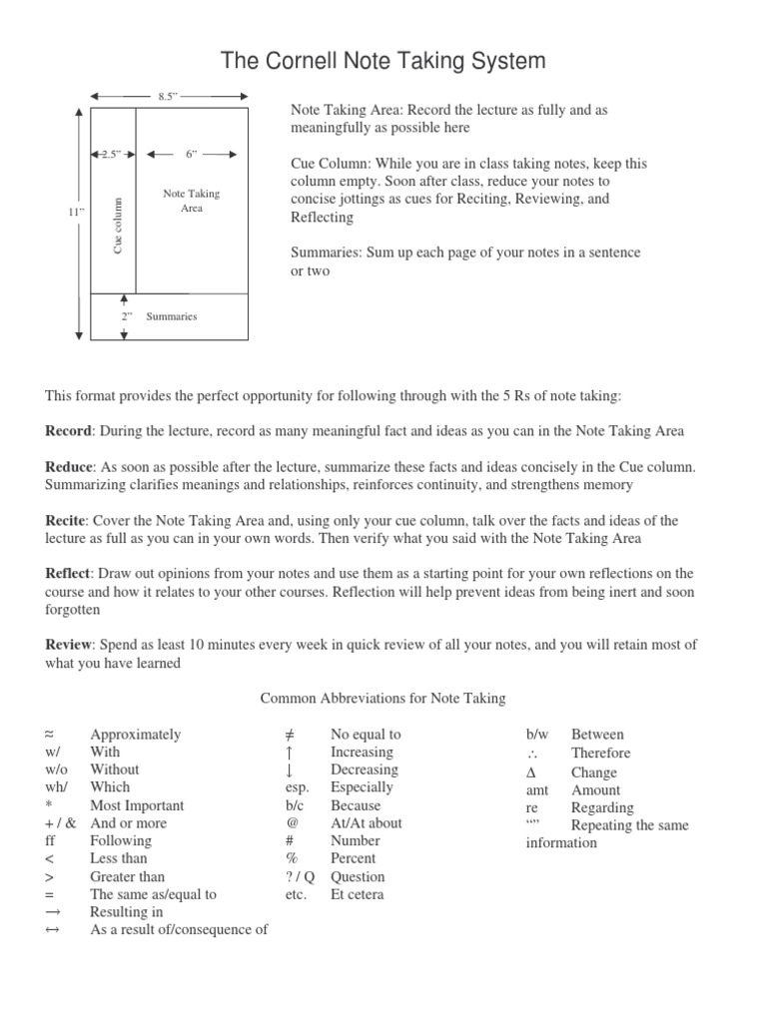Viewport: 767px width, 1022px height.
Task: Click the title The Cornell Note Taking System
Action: click(383, 61)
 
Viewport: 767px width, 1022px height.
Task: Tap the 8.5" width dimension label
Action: click(167, 96)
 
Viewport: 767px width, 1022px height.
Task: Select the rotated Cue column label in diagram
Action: click(118, 225)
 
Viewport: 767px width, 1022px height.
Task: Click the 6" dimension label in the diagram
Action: click(192, 154)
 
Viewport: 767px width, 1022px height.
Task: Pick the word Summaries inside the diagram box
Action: click(172, 316)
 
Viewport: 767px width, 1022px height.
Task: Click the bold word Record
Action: click(68, 431)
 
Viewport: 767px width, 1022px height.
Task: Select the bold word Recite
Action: click(66, 521)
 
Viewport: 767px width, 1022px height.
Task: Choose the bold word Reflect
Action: click(68, 574)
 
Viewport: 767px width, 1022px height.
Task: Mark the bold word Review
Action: click(69, 646)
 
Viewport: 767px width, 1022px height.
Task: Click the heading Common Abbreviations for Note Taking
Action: click(383, 699)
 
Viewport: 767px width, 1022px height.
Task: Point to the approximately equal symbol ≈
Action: click(51, 735)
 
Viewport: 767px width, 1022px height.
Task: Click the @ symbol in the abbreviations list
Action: click(291, 823)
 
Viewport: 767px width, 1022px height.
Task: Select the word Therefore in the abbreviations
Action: click(600, 754)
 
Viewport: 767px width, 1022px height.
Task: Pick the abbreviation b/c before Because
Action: click(294, 805)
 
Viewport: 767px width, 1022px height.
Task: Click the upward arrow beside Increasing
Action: click(289, 753)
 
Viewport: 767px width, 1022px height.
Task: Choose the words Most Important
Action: click(137, 805)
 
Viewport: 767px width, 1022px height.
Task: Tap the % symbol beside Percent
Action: click(292, 858)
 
